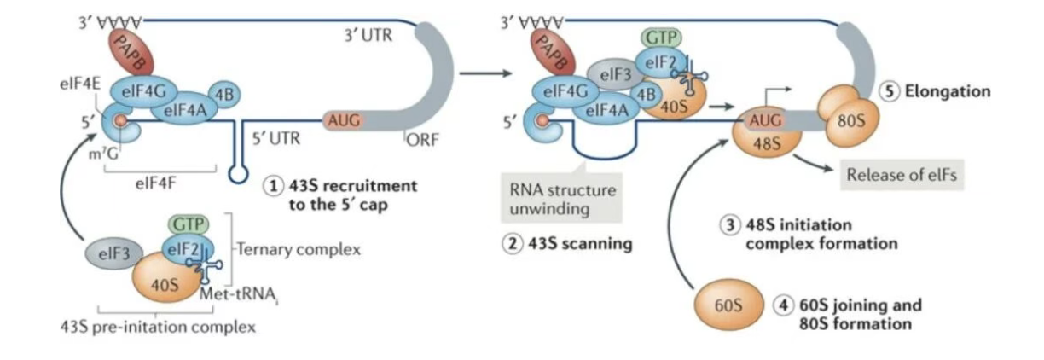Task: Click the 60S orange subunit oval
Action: [729, 305]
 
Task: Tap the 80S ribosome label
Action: [851, 121]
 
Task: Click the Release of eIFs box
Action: [902, 175]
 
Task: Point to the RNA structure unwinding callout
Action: [561, 199]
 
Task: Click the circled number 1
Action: [273, 186]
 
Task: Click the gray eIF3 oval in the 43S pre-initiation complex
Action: [114, 254]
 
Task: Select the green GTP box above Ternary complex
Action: [188, 224]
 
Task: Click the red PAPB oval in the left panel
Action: [131, 53]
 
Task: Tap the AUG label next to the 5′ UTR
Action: [344, 121]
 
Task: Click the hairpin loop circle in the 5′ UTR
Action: [238, 174]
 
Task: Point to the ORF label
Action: [422, 140]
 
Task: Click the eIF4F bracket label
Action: [156, 183]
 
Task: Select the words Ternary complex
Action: [299, 250]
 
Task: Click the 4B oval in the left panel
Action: [224, 95]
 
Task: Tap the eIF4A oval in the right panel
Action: [607, 111]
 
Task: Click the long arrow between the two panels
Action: [485, 73]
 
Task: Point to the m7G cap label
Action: [103, 154]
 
